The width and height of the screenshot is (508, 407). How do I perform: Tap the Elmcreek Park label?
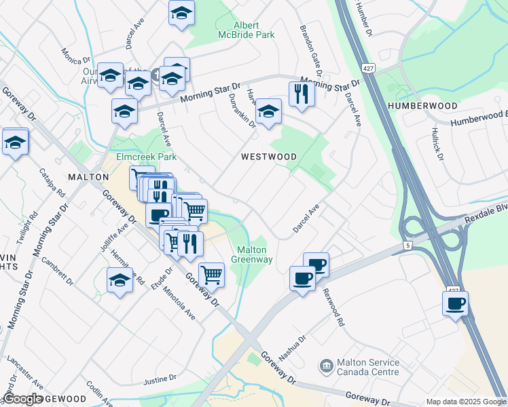pyautogui.click(x=137, y=157)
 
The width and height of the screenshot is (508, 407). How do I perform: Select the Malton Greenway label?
pyautogui.click(x=252, y=254)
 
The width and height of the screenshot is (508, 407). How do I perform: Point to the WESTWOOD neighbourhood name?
pyautogui.click(x=269, y=157)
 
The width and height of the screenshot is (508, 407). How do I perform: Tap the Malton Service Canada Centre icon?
pyautogui.click(x=327, y=366)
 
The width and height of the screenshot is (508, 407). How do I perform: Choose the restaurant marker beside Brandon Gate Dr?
pyautogui.click(x=301, y=94)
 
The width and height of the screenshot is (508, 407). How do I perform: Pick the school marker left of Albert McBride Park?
pyautogui.click(x=181, y=14)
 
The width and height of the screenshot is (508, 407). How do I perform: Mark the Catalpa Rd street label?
pyautogui.click(x=52, y=182)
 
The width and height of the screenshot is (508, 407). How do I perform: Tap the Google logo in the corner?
pyautogui.click(x=23, y=399)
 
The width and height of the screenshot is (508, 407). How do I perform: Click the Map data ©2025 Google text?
pyautogui.click(x=465, y=402)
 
